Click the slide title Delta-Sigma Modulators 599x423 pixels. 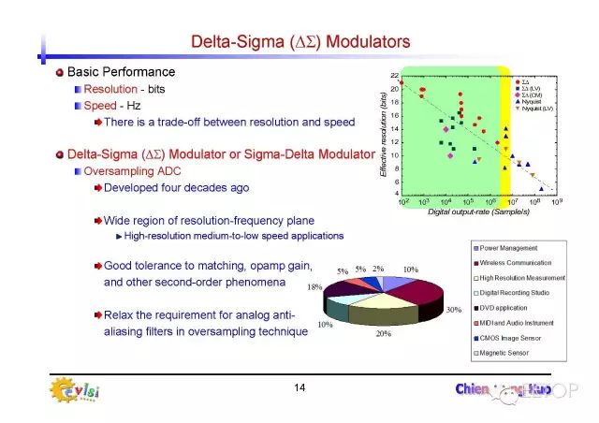click(x=300, y=41)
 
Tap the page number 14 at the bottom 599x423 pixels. click(x=299, y=387)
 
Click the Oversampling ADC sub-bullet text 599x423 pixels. click(x=135, y=171)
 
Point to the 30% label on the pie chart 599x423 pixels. click(x=454, y=310)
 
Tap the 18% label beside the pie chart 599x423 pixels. click(x=315, y=287)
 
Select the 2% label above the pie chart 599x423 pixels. click(x=378, y=269)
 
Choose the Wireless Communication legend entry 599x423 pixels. click(x=519, y=263)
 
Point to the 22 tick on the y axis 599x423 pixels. click(x=395, y=76)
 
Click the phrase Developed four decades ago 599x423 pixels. click(x=176, y=187)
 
